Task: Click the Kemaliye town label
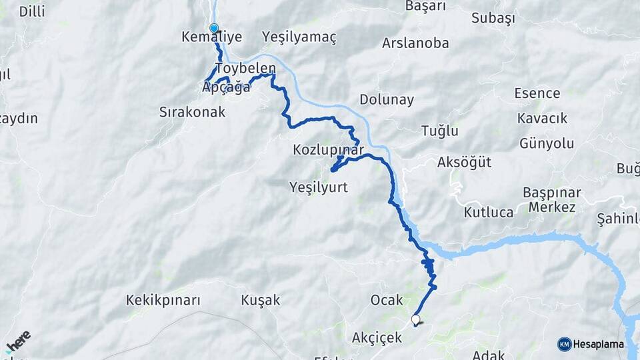[211, 37]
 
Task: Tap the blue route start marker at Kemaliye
[214, 28]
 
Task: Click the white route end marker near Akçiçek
[416, 320]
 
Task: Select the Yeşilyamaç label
[299, 37]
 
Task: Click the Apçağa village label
[226, 87]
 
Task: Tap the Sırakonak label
[192, 111]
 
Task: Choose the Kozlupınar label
[327, 150]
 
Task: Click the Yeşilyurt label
[319, 187]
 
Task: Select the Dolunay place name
[387, 100]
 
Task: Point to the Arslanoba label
[415, 43]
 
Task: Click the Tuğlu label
[439, 131]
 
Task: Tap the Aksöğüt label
[464, 163]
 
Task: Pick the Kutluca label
[489, 213]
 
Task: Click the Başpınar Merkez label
[552, 199]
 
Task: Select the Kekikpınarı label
[163, 300]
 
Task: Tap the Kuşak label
[260, 300]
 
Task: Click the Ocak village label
[387, 300]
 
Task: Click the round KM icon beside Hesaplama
[565, 344]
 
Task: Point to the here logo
[19, 341]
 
